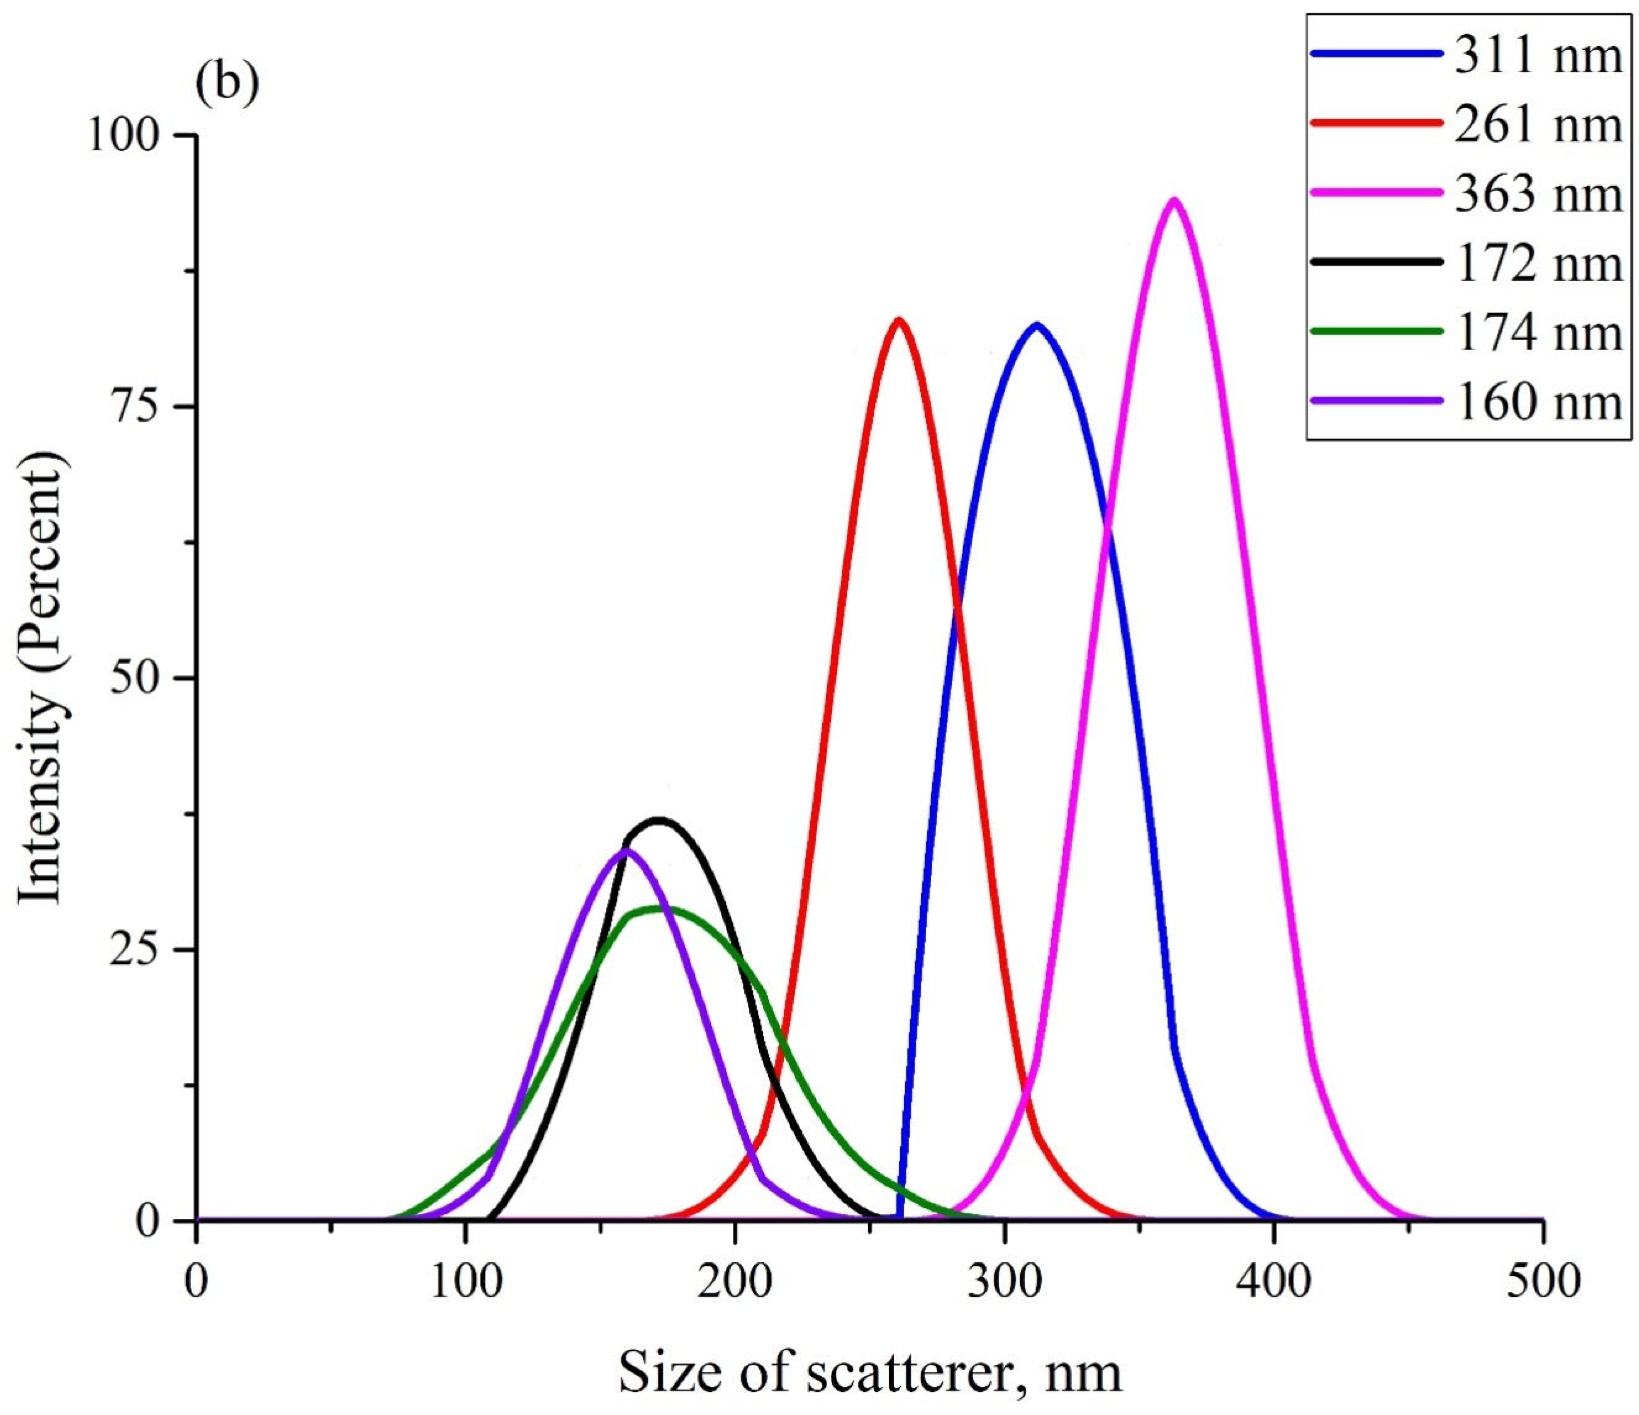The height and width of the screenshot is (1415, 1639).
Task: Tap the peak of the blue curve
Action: (x=1036, y=325)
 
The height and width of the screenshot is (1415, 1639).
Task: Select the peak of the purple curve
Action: (x=625, y=851)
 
